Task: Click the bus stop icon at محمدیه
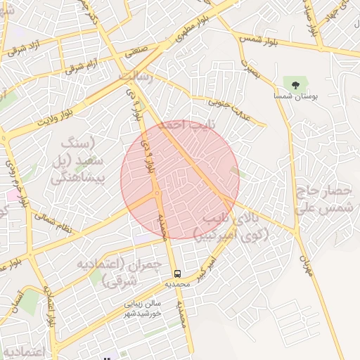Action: tap(177, 274)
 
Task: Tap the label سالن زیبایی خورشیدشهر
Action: tap(144, 307)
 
